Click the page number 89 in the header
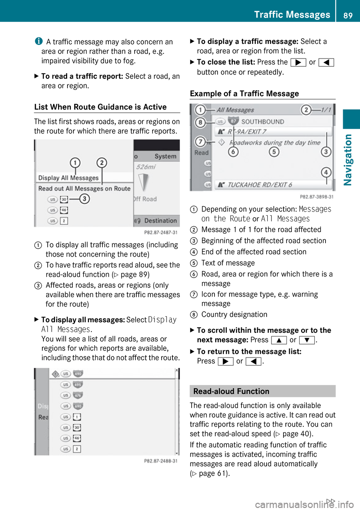point(348,15)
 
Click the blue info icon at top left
point(39,41)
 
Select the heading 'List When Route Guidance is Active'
point(100,107)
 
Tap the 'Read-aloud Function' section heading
point(231,391)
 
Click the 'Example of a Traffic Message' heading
point(244,93)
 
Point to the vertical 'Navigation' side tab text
point(348,159)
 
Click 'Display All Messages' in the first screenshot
point(68,178)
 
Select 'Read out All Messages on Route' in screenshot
point(84,188)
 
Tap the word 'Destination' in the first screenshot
point(160,221)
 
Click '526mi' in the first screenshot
point(146,167)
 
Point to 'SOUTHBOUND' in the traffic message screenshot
point(262,122)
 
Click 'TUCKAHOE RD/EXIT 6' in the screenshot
point(259,185)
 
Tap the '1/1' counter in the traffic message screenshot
point(326,110)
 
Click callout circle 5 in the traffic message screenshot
point(274,152)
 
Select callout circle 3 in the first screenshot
point(85,198)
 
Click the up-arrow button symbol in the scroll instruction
point(279,340)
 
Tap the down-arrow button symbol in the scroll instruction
point(307,340)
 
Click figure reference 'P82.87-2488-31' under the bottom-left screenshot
point(160,461)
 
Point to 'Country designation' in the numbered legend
point(234,314)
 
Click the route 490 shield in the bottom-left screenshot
point(78,374)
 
